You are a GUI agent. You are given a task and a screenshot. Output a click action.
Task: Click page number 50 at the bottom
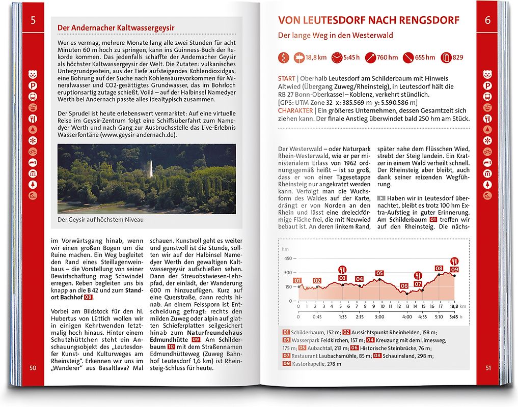(x=33, y=368)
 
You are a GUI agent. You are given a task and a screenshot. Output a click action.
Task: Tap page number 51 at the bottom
(x=487, y=368)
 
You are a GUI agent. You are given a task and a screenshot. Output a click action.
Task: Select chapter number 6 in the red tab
(x=487, y=21)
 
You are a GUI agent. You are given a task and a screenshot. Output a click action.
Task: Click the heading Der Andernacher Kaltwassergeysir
(x=116, y=27)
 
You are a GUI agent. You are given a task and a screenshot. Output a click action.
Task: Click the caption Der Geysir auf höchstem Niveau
(x=101, y=220)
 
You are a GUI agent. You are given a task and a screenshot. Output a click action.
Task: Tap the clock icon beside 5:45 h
(x=337, y=57)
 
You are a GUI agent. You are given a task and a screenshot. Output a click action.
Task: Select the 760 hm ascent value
(x=387, y=57)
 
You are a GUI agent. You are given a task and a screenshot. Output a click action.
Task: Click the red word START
(x=286, y=79)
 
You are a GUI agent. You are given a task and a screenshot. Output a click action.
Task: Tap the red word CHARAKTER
(x=294, y=110)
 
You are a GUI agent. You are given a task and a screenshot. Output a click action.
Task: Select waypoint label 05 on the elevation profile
(x=379, y=273)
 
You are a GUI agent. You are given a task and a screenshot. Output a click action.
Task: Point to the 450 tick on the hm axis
(x=288, y=259)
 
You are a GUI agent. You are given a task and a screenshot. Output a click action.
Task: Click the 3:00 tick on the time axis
(x=379, y=316)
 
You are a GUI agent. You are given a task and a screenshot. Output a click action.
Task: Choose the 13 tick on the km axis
(x=407, y=307)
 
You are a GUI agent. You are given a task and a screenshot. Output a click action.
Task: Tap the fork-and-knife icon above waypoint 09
(x=454, y=261)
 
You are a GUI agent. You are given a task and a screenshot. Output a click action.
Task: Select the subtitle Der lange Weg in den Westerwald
(x=335, y=36)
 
